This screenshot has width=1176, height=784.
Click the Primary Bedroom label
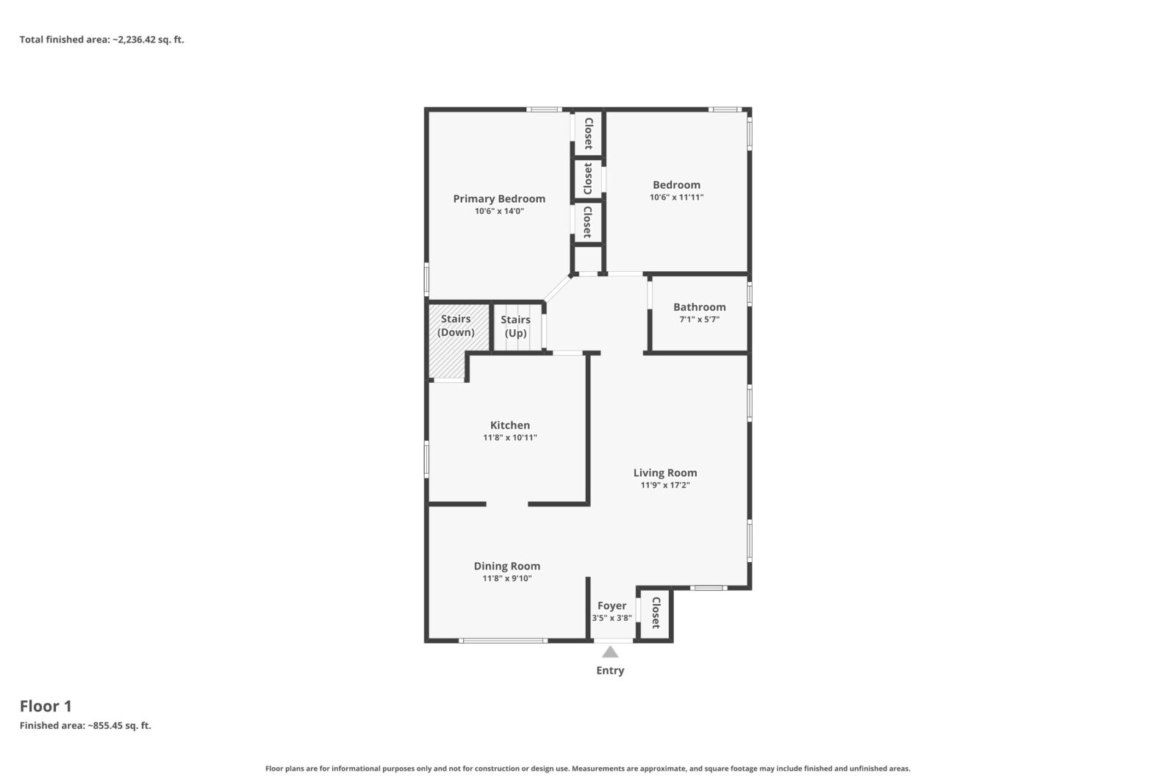499,199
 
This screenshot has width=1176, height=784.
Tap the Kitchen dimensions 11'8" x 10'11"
510,438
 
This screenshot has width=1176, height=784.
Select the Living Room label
664,472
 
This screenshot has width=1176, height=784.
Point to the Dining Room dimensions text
506,578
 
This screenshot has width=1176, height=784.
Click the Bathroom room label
699,307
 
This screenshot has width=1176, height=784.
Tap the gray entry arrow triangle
609,652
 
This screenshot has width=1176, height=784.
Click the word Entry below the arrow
610,671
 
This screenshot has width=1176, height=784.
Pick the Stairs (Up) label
515,326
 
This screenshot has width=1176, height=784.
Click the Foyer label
612,605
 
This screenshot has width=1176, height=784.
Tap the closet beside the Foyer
655,613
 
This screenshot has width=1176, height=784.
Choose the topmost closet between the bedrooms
588,133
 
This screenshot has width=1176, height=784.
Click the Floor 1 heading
46,706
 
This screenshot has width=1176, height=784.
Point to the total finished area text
102,40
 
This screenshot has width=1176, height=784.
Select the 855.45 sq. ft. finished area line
85,726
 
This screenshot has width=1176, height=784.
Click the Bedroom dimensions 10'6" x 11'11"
676,198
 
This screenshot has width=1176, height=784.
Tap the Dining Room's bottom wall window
503,640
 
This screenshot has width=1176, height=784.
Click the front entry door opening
613,640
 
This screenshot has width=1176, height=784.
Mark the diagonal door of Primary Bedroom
558,289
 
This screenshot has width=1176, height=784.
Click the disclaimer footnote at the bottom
587,769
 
